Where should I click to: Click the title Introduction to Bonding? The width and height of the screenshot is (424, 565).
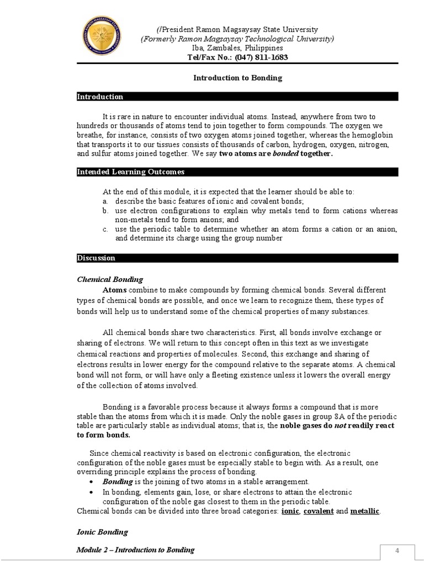(237, 78)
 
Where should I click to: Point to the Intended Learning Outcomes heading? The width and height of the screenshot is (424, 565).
(130, 172)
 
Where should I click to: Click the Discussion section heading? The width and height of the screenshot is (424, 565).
(96, 258)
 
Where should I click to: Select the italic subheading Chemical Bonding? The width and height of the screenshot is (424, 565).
(109, 280)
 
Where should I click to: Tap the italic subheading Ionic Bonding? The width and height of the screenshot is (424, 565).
(102, 532)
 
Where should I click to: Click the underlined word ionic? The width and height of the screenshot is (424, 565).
(290, 511)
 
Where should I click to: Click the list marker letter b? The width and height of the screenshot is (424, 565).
(105, 211)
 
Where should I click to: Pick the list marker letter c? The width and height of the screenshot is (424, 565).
(105, 229)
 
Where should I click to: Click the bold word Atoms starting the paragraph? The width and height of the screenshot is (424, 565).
(114, 290)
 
